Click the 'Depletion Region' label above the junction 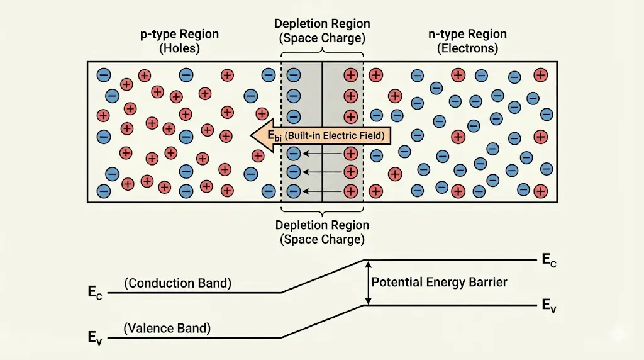click(322, 24)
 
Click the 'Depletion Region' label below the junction click(322, 225)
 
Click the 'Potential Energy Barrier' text click(439, 282)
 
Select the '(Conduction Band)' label click(178, 283)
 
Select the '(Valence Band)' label click(167, 328)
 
